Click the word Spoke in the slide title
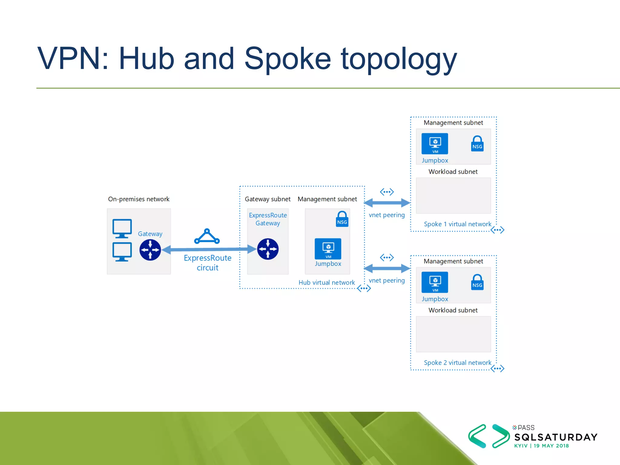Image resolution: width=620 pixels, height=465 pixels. click(x=287, y=59)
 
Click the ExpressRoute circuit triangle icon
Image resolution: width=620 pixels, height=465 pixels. click(x=207, y=236)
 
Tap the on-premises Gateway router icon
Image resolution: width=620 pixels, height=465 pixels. click(x=150, y=250)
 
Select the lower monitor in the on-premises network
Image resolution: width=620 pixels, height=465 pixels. click(x=122, y=252)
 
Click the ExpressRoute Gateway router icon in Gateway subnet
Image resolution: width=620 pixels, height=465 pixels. click(x=268, y=249)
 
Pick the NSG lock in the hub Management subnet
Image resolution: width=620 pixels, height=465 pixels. click(x=342, y=219)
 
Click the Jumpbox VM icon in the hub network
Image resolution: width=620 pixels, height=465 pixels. click(x=328, y=249)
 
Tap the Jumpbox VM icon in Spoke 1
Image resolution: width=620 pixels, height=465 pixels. click(x=435, y=143)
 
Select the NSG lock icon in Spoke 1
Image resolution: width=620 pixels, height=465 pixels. click(x=477, y=143)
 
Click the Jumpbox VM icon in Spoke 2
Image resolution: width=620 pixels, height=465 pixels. click(x=435, y=282)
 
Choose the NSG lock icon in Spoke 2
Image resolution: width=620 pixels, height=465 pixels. click(x=477, y=282)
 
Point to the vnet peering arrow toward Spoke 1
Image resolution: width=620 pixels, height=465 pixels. click(x=387, y=203)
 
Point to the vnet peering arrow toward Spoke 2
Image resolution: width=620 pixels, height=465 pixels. click(x=387, y=268)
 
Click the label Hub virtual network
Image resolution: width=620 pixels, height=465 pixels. click(x=326, y=282)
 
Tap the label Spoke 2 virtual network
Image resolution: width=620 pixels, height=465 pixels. click(x=457, y=363)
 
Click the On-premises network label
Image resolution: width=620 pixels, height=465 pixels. click(x=139, y=199)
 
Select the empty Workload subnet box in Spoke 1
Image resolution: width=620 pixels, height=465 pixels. click(x=453, y=196)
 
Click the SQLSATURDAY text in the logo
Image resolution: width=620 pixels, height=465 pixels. click(x=556, y=437)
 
